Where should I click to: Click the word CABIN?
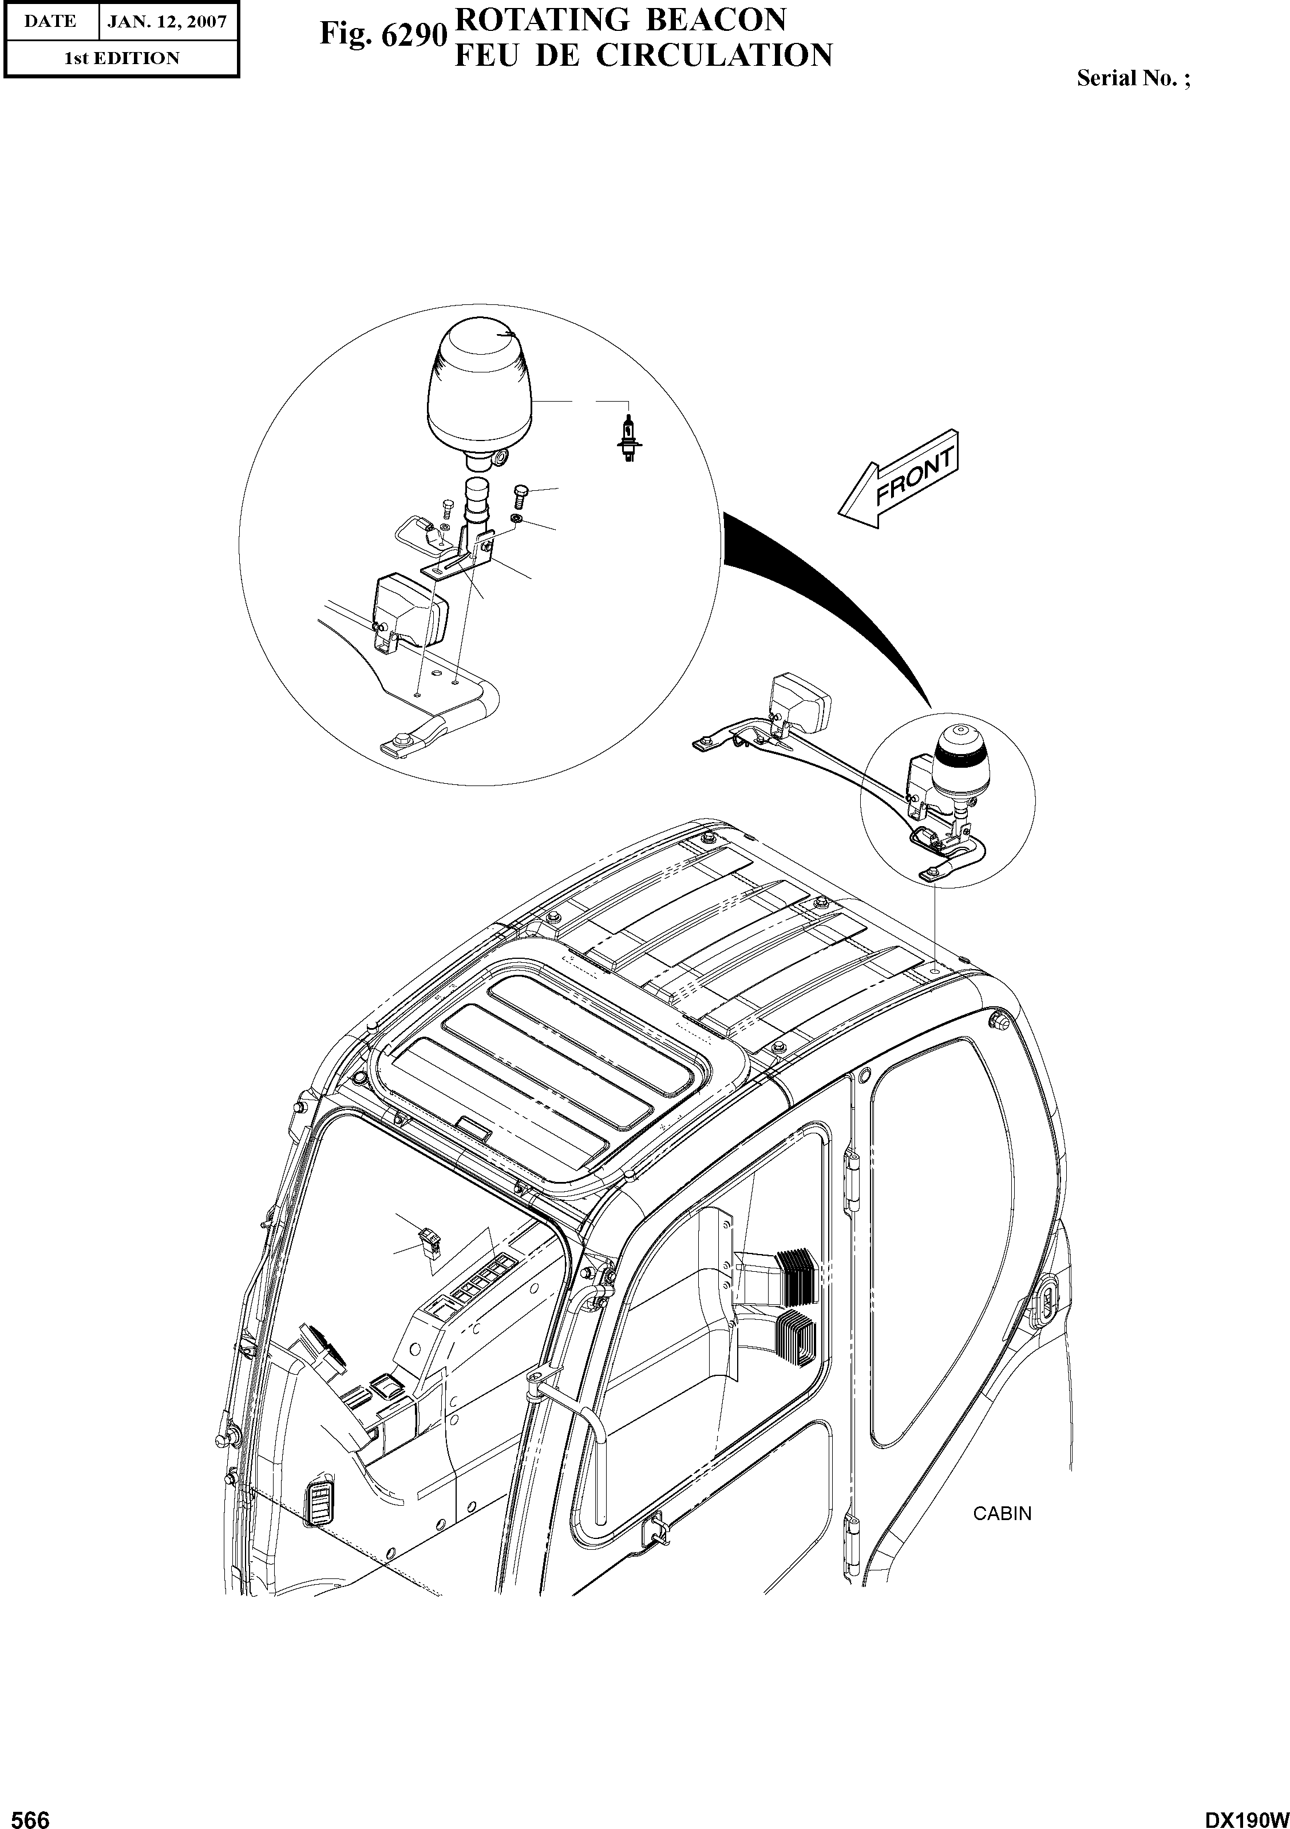point(1002,1514)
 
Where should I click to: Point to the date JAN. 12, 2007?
point(167,22)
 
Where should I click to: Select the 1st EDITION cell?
point(121,58)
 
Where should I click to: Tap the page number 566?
point(26,1814)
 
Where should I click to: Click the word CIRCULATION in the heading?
point(714,55)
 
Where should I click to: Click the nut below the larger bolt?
point(516,519)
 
